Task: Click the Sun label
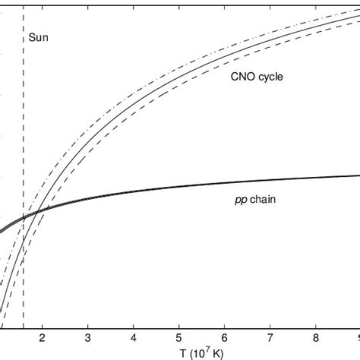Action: click(38, 37)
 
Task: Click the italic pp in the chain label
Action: click(238, 201)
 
